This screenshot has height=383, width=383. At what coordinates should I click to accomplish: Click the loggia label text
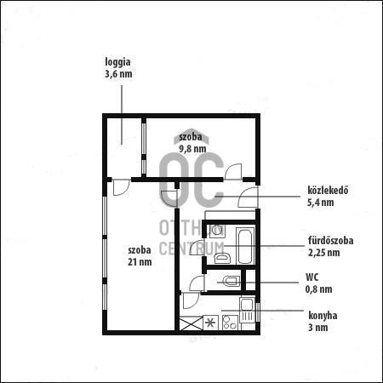tap(117, 62)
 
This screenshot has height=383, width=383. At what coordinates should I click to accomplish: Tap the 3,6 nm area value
tap(117, 74)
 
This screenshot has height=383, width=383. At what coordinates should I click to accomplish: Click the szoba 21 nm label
tap(140, 255)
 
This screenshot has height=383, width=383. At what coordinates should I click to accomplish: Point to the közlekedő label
tap(329, 190)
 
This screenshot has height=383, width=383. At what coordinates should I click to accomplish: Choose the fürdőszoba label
tap(330, 241)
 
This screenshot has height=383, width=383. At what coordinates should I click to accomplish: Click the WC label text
tap(312, 277)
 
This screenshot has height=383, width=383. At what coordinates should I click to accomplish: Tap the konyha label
tap(323, 316)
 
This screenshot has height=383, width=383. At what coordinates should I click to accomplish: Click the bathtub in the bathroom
tap(246, 245)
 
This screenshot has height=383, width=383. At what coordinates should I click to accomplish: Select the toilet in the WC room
tap(230, 280)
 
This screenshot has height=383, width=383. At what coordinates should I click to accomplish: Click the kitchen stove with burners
tap(230, 323)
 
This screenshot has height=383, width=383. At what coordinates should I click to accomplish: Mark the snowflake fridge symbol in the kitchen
tap(209, 323)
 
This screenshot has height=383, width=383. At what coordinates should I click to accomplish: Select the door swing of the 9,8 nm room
tap(232, 171)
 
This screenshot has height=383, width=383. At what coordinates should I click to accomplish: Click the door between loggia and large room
tap(120, 186)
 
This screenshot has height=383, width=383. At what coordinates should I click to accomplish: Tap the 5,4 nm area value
tap(320, 203)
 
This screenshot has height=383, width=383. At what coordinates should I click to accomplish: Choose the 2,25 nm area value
tap(323, 253)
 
